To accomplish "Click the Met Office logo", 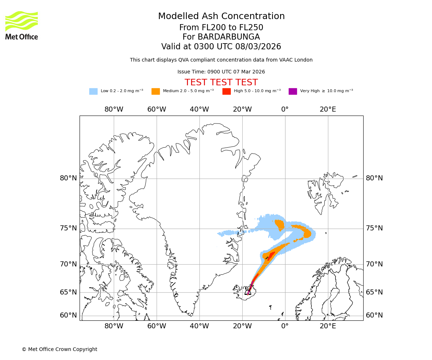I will pyautogui.click(x=22, y=25).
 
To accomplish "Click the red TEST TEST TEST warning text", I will pyautogui.click(x=221, y=82).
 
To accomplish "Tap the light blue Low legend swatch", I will pyautogui.click(x=93, y=91).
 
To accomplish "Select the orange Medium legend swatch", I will pyautogui.click(x=156, y=91).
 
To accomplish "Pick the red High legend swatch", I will pyautogui.click(x=226, y=91).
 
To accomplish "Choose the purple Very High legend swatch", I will pyautogui.click(x=293, y=91).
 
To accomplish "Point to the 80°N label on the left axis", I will pyautogui.click(x=68, y=178).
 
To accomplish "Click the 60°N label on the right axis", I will pyautogui.click(x=374, y=315).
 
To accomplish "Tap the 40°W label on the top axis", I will pyautogui.click(x=199, y=109).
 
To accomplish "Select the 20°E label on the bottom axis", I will pyautogui.click(x=328, y=327).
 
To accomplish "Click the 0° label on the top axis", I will pyautogui.click(x=285, y=109).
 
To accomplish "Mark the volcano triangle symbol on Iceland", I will pyautogui.click(x=248, y=292).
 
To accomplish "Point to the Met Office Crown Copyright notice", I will pyautogui.click(x=59, y=349).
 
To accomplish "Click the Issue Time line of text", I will pyautogui.click(x=221, y=72).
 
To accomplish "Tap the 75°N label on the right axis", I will pyautogui.click(x=374, y=228).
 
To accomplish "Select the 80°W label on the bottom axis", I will pyautogui.click(x=114, y=327).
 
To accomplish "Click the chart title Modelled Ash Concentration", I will pyautogui.click(x=221, y=16).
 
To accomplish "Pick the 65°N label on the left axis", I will pyautogui.click(x=68, y=292).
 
